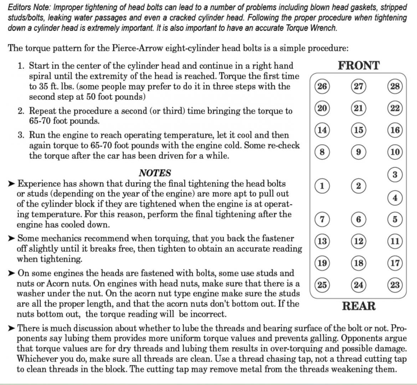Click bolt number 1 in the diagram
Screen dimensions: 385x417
point(322,186)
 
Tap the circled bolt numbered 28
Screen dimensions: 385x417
point(395,87)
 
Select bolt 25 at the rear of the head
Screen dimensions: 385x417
point(322,285)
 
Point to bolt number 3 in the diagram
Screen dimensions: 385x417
point(395,175)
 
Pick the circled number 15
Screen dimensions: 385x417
point(359,130)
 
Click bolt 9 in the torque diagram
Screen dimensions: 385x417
point(359,152)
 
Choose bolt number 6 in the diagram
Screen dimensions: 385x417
point(359,219)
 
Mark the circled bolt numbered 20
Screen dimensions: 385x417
point(322,108)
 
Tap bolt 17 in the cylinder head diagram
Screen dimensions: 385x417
point(395,263)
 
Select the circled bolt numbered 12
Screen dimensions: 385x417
point(359,241)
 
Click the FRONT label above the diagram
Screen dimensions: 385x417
point(359,65)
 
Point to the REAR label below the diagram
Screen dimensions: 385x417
point(359,306)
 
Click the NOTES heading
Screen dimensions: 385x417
point(155,173)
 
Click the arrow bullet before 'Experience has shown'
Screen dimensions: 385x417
point(11,184)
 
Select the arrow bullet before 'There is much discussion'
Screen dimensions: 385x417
point(11,328)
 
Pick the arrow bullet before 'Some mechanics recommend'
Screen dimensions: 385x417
point(11,238)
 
